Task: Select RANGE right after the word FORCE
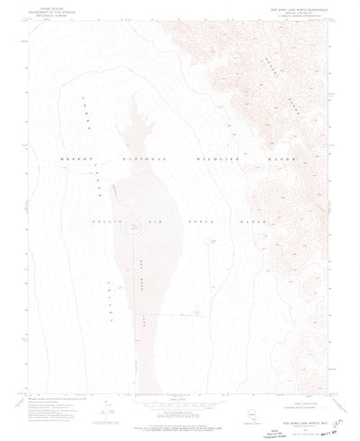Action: [x=242, y=220]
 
